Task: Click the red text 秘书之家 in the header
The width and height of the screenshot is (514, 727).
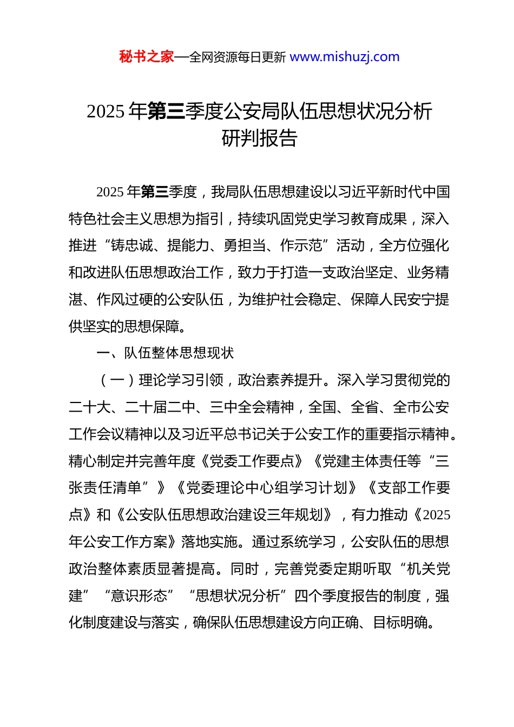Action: pyautogui.click(x=146, y=57)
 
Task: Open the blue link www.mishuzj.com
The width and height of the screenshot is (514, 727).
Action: pyautogui.click(x=345, y=57)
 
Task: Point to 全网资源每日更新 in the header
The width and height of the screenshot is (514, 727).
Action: pyautogui.click(x=238, y=57)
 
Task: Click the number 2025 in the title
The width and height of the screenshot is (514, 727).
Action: pyautogui.click(x=106, y=111)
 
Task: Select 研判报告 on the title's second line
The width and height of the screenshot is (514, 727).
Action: pyautogui.click(x=260, y=138)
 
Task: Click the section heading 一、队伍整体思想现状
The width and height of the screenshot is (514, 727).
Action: pyautogui.click(x=165, y=353)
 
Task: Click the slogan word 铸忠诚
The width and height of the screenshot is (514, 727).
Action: pyautogui.click(x=132, y=246)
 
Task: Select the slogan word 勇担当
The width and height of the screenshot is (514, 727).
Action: pyautogui.click(x=245, y=246)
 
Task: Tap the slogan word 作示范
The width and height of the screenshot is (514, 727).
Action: pyautogui.click(x=301, y=246)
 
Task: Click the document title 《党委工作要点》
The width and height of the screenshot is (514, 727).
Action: pyautogui.click(x=252, y=461)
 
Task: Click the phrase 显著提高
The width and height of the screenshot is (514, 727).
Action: pyautogui.click(x=187, y=569)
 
